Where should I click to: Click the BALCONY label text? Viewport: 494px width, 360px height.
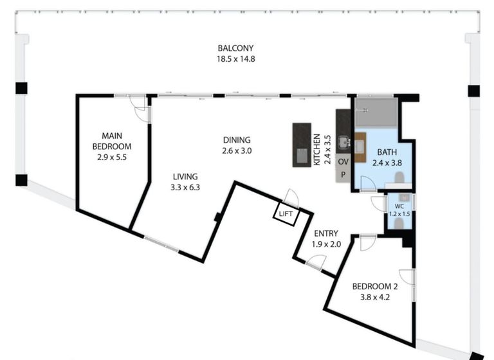pyautogui.click(x=235, y=48)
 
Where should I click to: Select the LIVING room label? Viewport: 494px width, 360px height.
pyautogui.click(x=185, y=176)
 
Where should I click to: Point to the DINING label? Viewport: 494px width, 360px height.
pyautogui.click(x=237, y=140)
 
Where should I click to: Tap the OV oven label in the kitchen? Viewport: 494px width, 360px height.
pyautogui.click(x=343, y=161)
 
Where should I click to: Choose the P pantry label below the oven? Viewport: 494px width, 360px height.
pyautogui.click(x=343, y=174)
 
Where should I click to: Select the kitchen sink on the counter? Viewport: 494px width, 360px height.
pyautogui.click(x=344, y=141)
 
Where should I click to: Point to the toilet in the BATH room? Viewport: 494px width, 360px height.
pyautogui.click(x=399, y=177)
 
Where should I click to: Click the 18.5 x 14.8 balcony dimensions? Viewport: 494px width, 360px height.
pyautogui.click(x=235, y=59)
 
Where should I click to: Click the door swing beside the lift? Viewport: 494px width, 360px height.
pyautogui.click(x=291, y=197)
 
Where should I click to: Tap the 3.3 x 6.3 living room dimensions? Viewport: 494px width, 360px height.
pyautogui.click(x=185, y=188)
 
